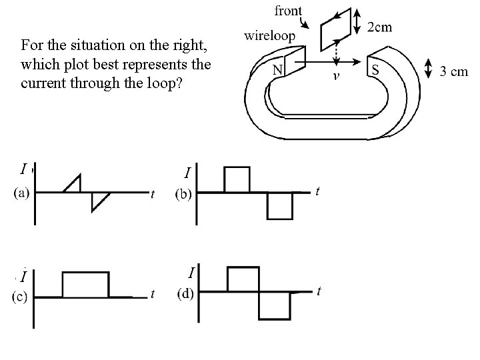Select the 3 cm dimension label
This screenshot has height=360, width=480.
[455, 72]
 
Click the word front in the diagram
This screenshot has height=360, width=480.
[287, 11]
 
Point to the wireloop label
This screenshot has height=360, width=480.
[270, 35]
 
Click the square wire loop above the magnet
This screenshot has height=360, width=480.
[336, 29]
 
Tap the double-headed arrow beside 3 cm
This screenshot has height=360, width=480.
[428, 69]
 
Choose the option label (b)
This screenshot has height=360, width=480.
[185, 195]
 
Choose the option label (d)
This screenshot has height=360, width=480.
[185, 293]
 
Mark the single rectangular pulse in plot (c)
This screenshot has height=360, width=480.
[85, 284]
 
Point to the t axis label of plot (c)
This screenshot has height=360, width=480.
[154, 293]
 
